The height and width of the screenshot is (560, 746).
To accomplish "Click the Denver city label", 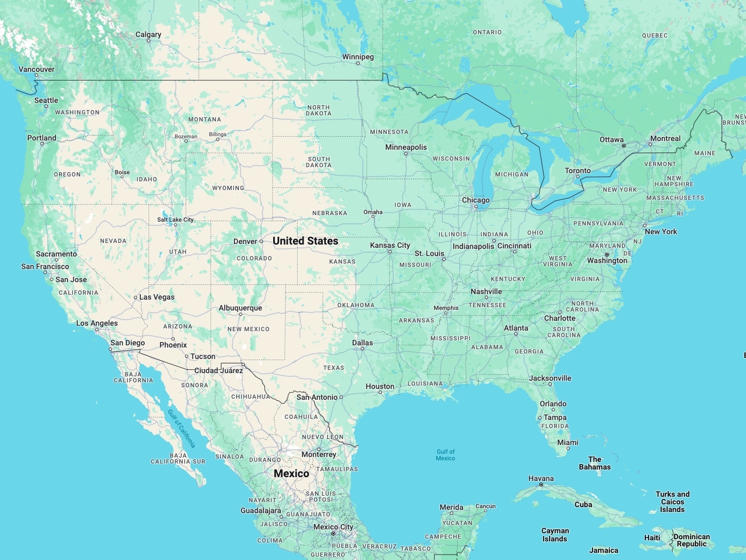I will (x=245, y=242).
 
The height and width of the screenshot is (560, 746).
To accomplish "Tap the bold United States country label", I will (x=305, y=241).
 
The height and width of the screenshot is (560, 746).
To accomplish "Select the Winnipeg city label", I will (x=357, y=57).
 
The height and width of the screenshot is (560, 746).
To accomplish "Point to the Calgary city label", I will (x=148, y=35).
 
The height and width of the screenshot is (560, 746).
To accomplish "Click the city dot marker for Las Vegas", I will (x=135, y=297).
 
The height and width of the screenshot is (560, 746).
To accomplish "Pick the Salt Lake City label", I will (x=175, y=220).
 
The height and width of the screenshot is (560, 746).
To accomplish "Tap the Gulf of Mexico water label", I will (x=445, y=455).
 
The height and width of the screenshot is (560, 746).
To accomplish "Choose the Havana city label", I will (x=541, y=479).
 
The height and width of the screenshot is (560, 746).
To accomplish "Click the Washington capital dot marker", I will (x=607, y=254).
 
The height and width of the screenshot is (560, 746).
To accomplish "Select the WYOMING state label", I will (x=228, y=188).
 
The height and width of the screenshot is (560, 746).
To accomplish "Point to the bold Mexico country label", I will (x=291, y=473).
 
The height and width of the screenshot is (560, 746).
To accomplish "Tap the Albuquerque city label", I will (x=240, y=308).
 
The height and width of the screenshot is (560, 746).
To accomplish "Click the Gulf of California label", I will (x=181, y=428).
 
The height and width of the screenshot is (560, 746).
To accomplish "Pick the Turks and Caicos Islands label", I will (x=672, y=502).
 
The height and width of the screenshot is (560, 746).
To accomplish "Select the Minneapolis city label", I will (x=406, y=148).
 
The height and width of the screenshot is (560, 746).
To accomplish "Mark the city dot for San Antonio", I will (x=341, y=398).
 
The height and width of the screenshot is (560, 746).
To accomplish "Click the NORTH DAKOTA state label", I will (x=318, y=111).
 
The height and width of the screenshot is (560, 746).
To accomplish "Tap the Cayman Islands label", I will (x=555, y=535).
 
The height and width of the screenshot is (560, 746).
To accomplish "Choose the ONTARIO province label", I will (x=487, y=33).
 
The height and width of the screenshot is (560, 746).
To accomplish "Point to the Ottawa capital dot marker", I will (x=624, y=145).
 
